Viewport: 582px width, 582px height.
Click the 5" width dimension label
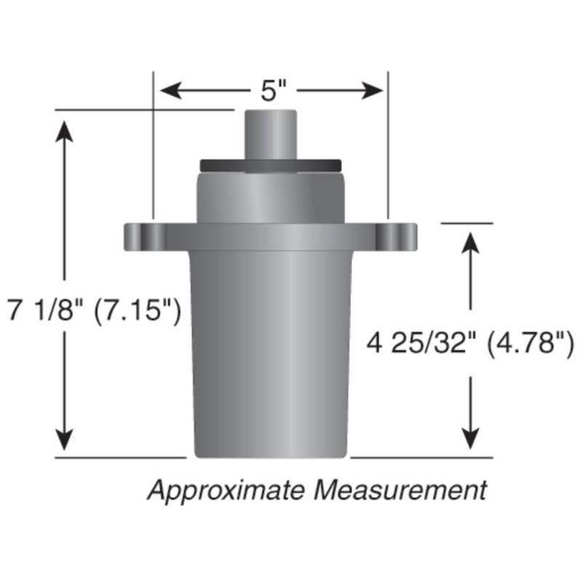(274, 91)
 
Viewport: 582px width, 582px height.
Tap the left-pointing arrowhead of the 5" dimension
(171, 90)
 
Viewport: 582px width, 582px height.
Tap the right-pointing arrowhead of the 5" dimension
(372, 90)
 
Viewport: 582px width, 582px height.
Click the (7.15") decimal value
(137, 311)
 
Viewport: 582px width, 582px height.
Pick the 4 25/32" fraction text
(421, 343)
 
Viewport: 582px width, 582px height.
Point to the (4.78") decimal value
(530, 343)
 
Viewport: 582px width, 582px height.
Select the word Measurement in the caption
(400, 490)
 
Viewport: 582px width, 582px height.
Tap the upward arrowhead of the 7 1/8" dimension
(64, 132)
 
